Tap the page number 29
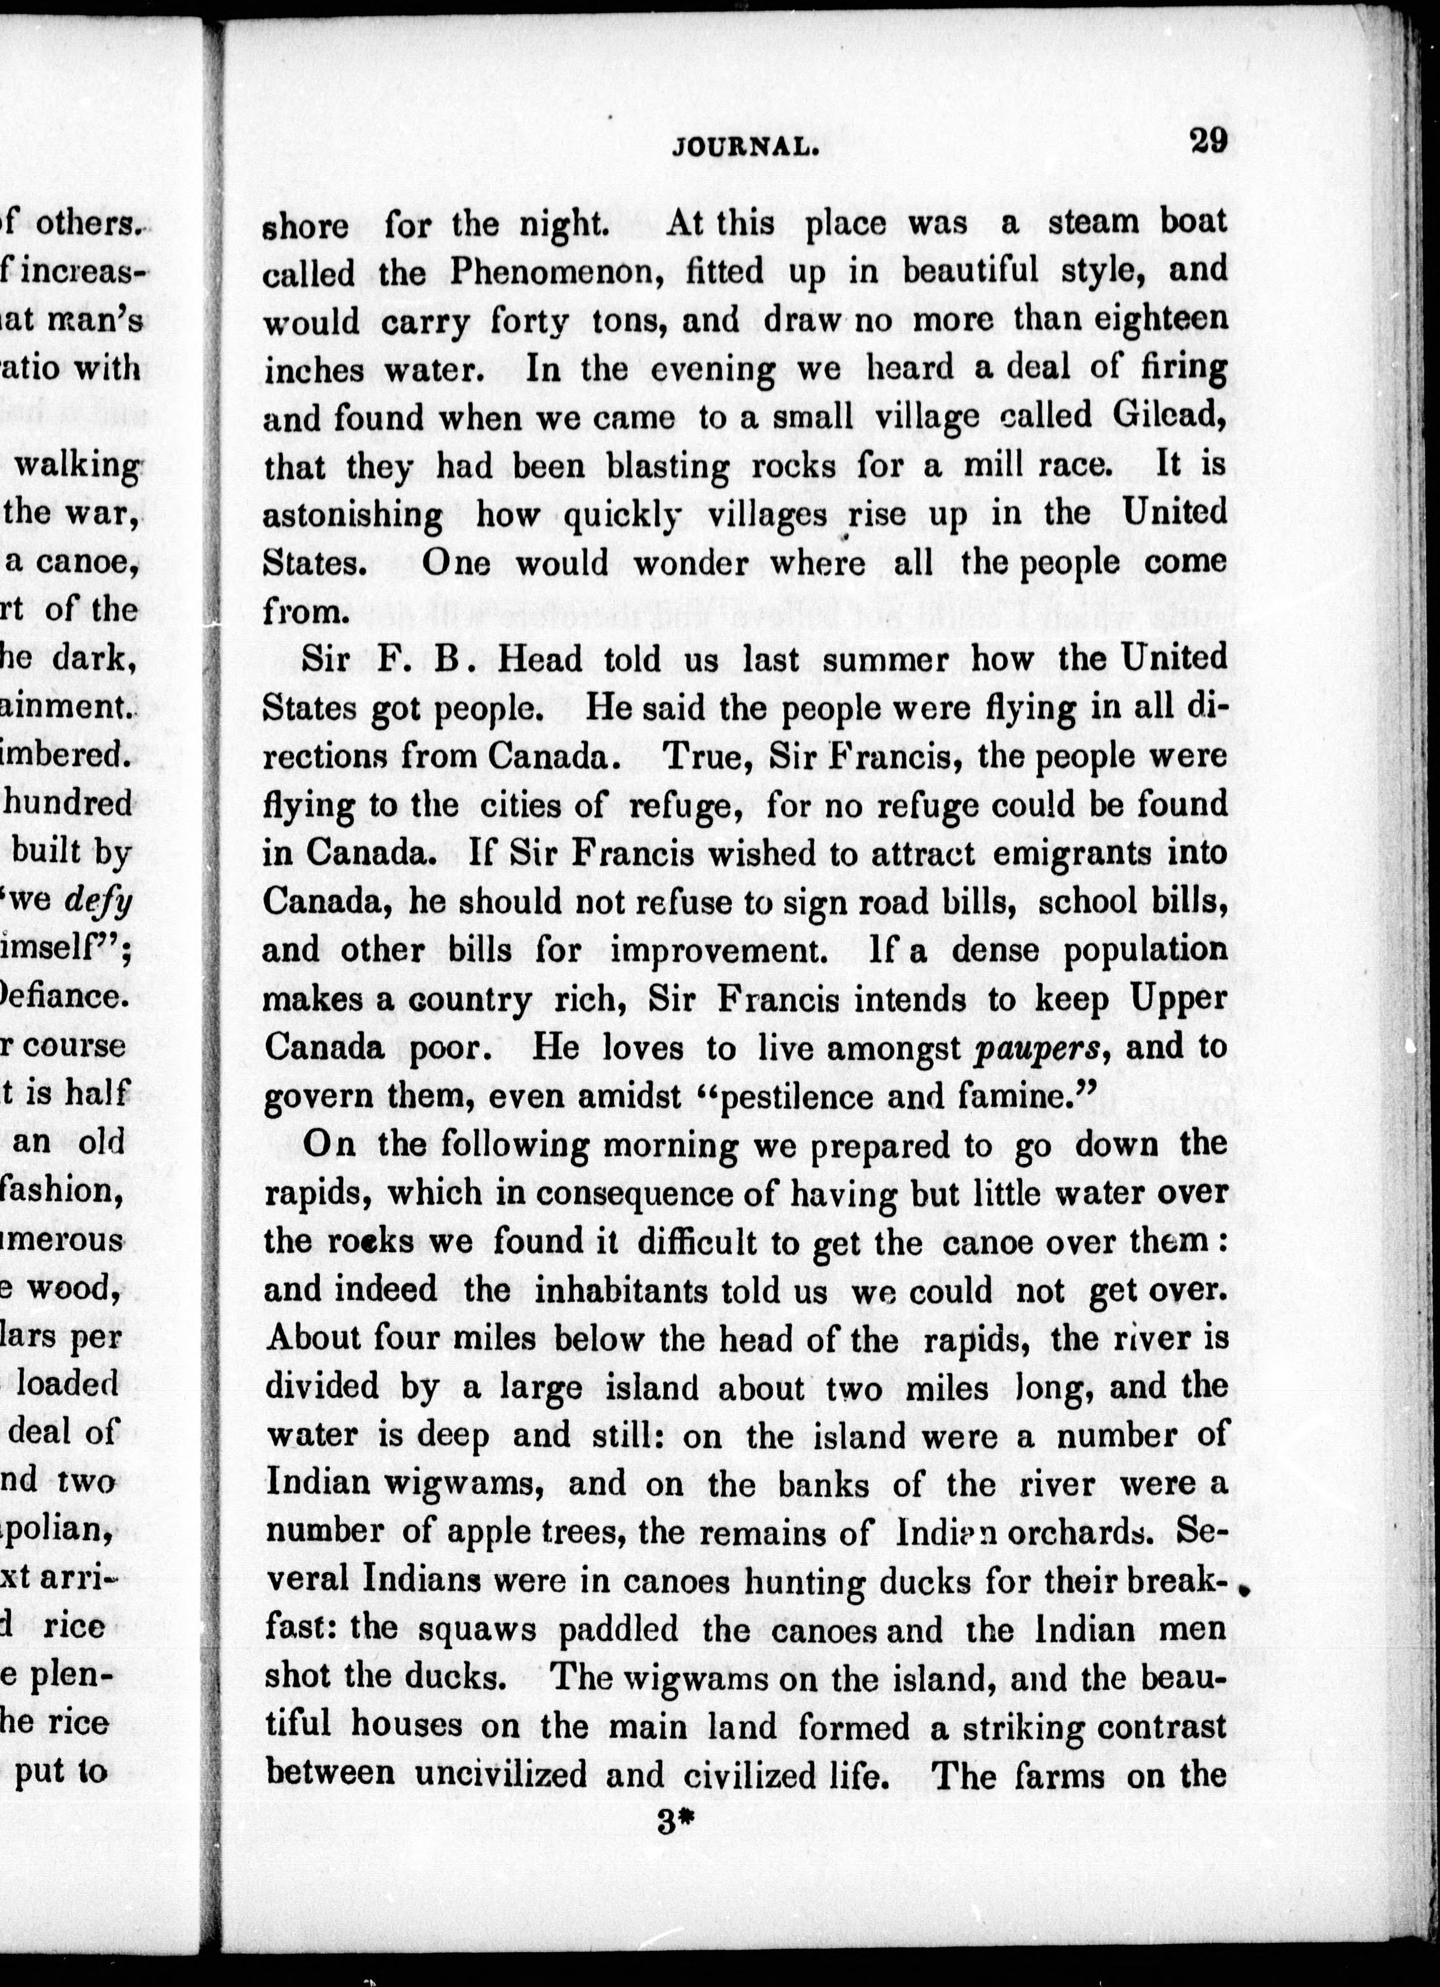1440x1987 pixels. (x=1208, y=140)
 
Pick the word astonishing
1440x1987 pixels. (x=353, y=515)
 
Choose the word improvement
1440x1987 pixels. (x=713, y=951)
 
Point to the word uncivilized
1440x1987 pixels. (x=501, y=1775)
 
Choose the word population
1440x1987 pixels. (x=1145, y=951)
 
